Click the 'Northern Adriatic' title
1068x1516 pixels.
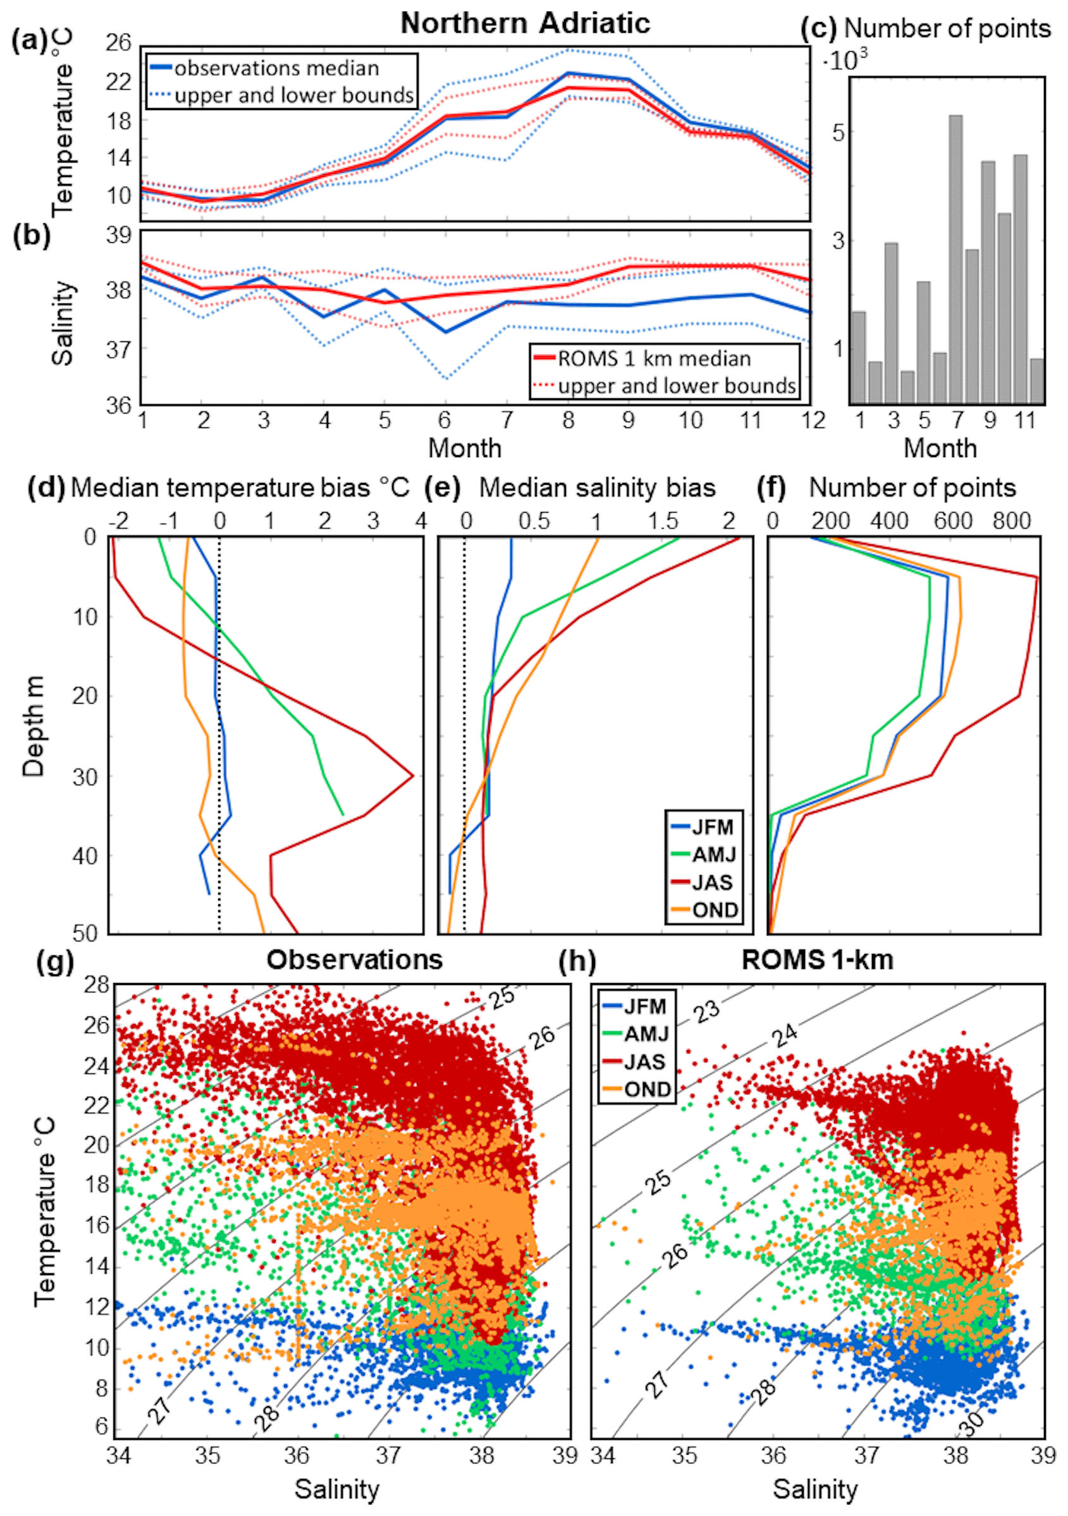coord(525,24)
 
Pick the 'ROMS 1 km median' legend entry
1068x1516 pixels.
coord(654,358)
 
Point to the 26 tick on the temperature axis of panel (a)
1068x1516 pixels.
coord(119,44)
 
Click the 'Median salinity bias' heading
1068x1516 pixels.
coord(597,488)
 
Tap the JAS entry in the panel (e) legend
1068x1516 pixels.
coord(712,883)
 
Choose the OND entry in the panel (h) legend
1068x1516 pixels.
coord(648,1089)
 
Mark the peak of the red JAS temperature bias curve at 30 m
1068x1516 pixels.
coord(413,776)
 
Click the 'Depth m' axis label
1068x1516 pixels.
coord(34,726)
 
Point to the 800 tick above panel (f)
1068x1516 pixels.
coord(1011,521)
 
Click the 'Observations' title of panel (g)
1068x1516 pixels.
coord(354,960)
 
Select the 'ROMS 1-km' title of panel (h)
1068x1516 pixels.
coord(817,960)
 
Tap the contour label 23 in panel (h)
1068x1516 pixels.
coord(708,1011)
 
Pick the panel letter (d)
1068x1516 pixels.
coord(46,488)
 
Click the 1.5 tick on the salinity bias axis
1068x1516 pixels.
coord(663,521)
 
